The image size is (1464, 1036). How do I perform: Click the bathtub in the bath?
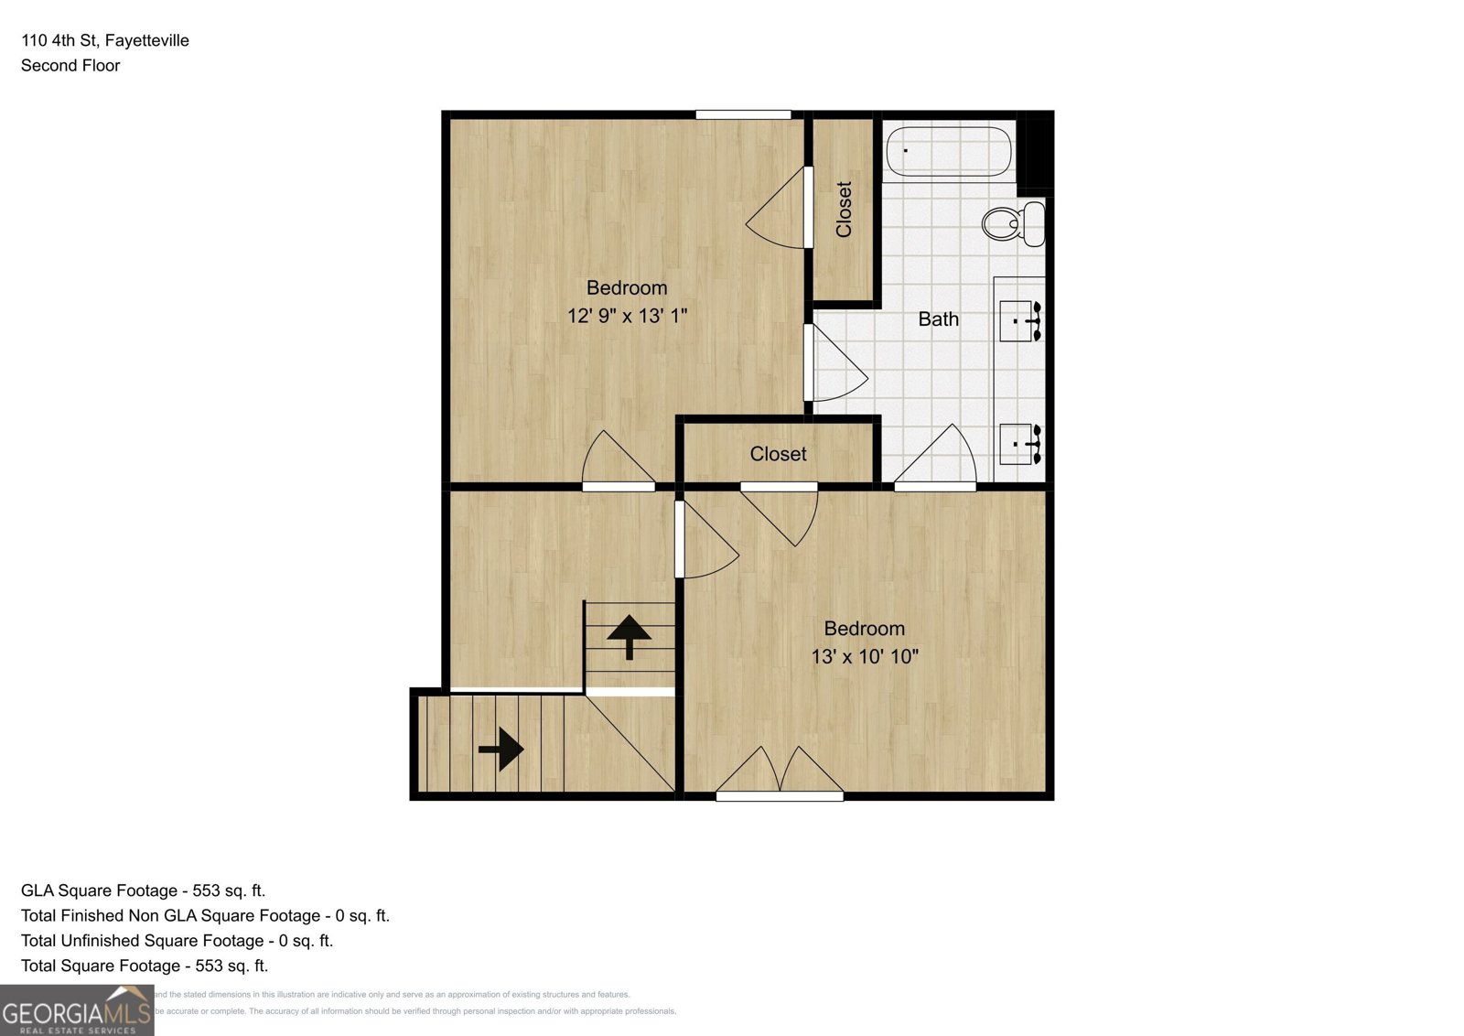(x=949, y=151)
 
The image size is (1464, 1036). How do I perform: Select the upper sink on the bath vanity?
(x=1019, y=321)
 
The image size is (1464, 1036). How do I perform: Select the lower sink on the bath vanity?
(x=1019, y=444)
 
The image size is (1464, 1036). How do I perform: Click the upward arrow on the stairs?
(x=629, y=635)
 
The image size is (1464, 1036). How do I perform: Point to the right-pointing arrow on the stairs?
(x=501, y=749)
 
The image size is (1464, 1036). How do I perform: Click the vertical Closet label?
(x=844, y=210)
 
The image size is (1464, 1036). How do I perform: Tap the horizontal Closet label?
(x=778, y=454)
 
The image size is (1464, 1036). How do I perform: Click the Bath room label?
(x=938, y=319)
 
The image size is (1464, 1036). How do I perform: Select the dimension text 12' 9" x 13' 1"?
(x=627, y=316)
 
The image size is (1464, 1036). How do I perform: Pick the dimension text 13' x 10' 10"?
(x=864, y=656)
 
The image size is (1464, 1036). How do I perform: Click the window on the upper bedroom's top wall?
(x=743, y=114)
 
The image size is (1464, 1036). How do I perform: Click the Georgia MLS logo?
(x=77, y=1010)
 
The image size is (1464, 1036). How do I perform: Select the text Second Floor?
(x=70, y=65)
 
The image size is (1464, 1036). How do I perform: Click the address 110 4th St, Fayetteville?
(x=105, y=40)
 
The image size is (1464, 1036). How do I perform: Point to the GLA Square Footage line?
(x=143, y=890)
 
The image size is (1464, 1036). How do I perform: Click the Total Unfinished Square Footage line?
(x=177, y=941)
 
